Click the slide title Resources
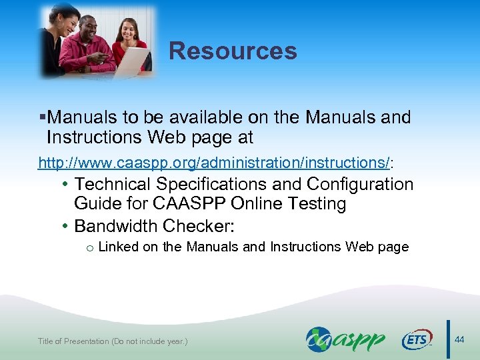click(x=233, y=51)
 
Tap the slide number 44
click(x=459, y=340)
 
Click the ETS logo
click(x=416, y=340)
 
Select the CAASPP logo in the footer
click(x=345, y=339)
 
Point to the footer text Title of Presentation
click(x=113, y=341)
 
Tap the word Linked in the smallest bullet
click(x=118, y=247)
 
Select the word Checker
click(x=202, y=226)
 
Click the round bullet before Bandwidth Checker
click(x=65, y=226)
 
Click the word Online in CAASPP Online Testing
click(x=260, y=204)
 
